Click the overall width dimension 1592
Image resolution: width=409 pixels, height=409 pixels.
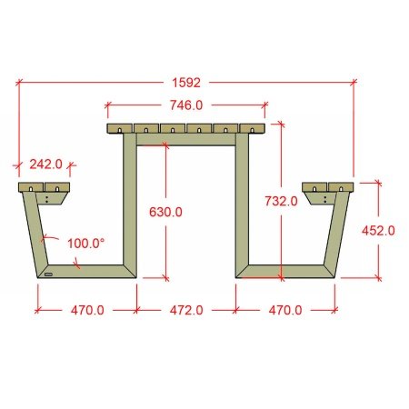point(186,83)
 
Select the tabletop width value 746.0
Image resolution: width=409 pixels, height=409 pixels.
point(186,105)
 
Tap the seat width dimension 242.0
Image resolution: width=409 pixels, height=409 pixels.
point(45,165)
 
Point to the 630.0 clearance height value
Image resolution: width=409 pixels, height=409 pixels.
point(165,212)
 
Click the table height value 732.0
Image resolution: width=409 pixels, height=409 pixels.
point(281,201)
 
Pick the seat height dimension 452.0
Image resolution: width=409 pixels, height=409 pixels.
point(378,231)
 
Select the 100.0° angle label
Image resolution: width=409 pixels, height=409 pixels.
point(85,244)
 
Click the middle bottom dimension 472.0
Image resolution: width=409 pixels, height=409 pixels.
point(186,310)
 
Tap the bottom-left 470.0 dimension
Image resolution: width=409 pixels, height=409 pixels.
point(87,310)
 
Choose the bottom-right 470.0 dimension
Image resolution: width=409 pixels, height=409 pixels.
point(285,310)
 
